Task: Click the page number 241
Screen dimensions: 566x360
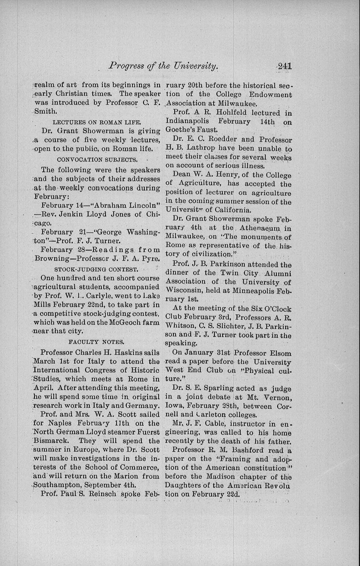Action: click(x=284, y=66)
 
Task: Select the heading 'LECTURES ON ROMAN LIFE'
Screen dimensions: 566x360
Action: click(x=97, y=122)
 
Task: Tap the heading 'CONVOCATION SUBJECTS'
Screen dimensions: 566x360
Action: click(x=97, y=159)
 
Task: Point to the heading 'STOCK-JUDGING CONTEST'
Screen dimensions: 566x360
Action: click(x=97, y=269)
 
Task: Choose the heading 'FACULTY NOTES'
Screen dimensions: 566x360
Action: click(x=96, y=341)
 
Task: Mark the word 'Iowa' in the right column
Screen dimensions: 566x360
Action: click(x=173, y=406)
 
